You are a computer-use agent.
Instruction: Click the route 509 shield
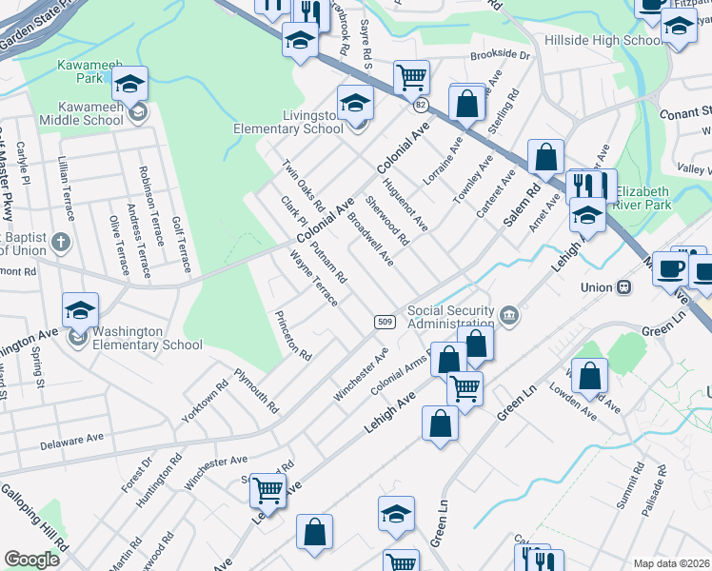[384, 323]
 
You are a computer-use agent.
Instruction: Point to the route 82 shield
[421, 103]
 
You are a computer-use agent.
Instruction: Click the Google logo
[31, 560]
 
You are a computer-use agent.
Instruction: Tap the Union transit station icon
[623, 285]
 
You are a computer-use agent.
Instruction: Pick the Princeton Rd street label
[292, 335]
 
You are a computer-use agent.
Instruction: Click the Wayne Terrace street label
[313, 278]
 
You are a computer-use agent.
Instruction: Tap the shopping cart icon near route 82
[411, 76]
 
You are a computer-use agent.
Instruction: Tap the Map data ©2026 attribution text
[671, 563]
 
